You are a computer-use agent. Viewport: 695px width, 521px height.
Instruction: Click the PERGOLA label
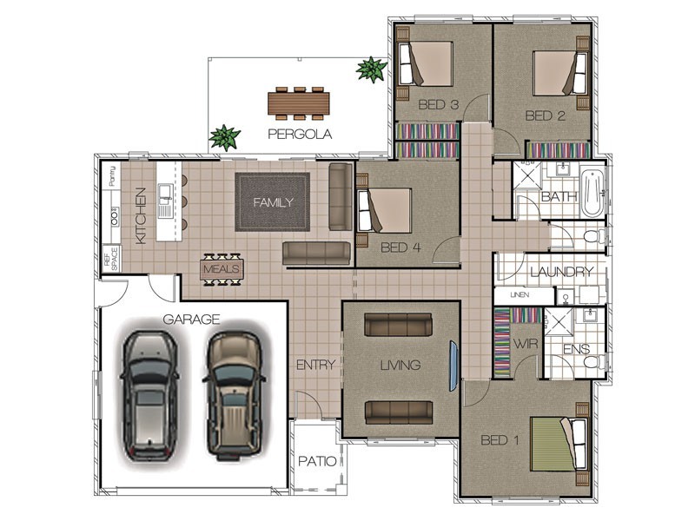[300, 134]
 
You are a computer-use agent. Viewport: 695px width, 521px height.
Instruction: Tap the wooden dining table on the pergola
[299, 103]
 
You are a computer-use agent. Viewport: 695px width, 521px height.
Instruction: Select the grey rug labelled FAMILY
[272, 202]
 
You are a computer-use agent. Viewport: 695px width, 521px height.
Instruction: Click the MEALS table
[222, 269]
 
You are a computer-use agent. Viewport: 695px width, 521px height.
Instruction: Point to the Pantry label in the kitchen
[113, 175]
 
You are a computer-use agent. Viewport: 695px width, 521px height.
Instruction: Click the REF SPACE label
[111, 259]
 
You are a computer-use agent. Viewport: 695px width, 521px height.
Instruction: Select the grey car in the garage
[149, 395]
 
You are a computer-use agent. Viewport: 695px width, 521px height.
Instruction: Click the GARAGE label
[191, 319]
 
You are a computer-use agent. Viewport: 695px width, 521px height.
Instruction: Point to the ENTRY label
[315, 365]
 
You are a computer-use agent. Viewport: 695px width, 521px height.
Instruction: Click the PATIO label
[317, 461]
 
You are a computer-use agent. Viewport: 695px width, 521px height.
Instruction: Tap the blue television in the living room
[453, 366]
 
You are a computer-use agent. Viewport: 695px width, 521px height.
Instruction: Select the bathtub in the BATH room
[592, 193]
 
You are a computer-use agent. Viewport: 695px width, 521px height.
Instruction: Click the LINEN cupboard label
[520, 294]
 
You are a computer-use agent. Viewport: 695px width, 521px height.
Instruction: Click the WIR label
[526, 343]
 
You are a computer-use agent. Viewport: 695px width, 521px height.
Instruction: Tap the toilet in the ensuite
[594, 362]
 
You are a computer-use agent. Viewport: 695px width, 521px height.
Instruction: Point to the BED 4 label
[400, 247]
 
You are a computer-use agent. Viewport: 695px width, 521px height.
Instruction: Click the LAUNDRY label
[561, 272]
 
